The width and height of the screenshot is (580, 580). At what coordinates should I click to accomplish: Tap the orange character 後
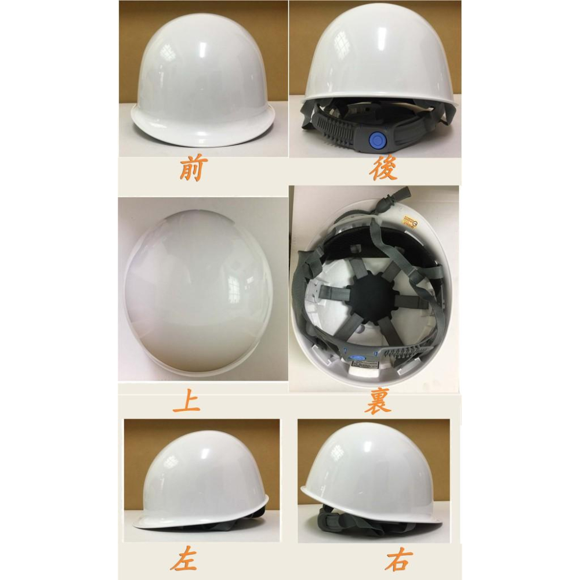[x=383, y=169]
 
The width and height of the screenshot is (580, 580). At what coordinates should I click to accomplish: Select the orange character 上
[x=186, y=401]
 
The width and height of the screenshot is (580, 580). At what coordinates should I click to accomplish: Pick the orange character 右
[x=398, y=560]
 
